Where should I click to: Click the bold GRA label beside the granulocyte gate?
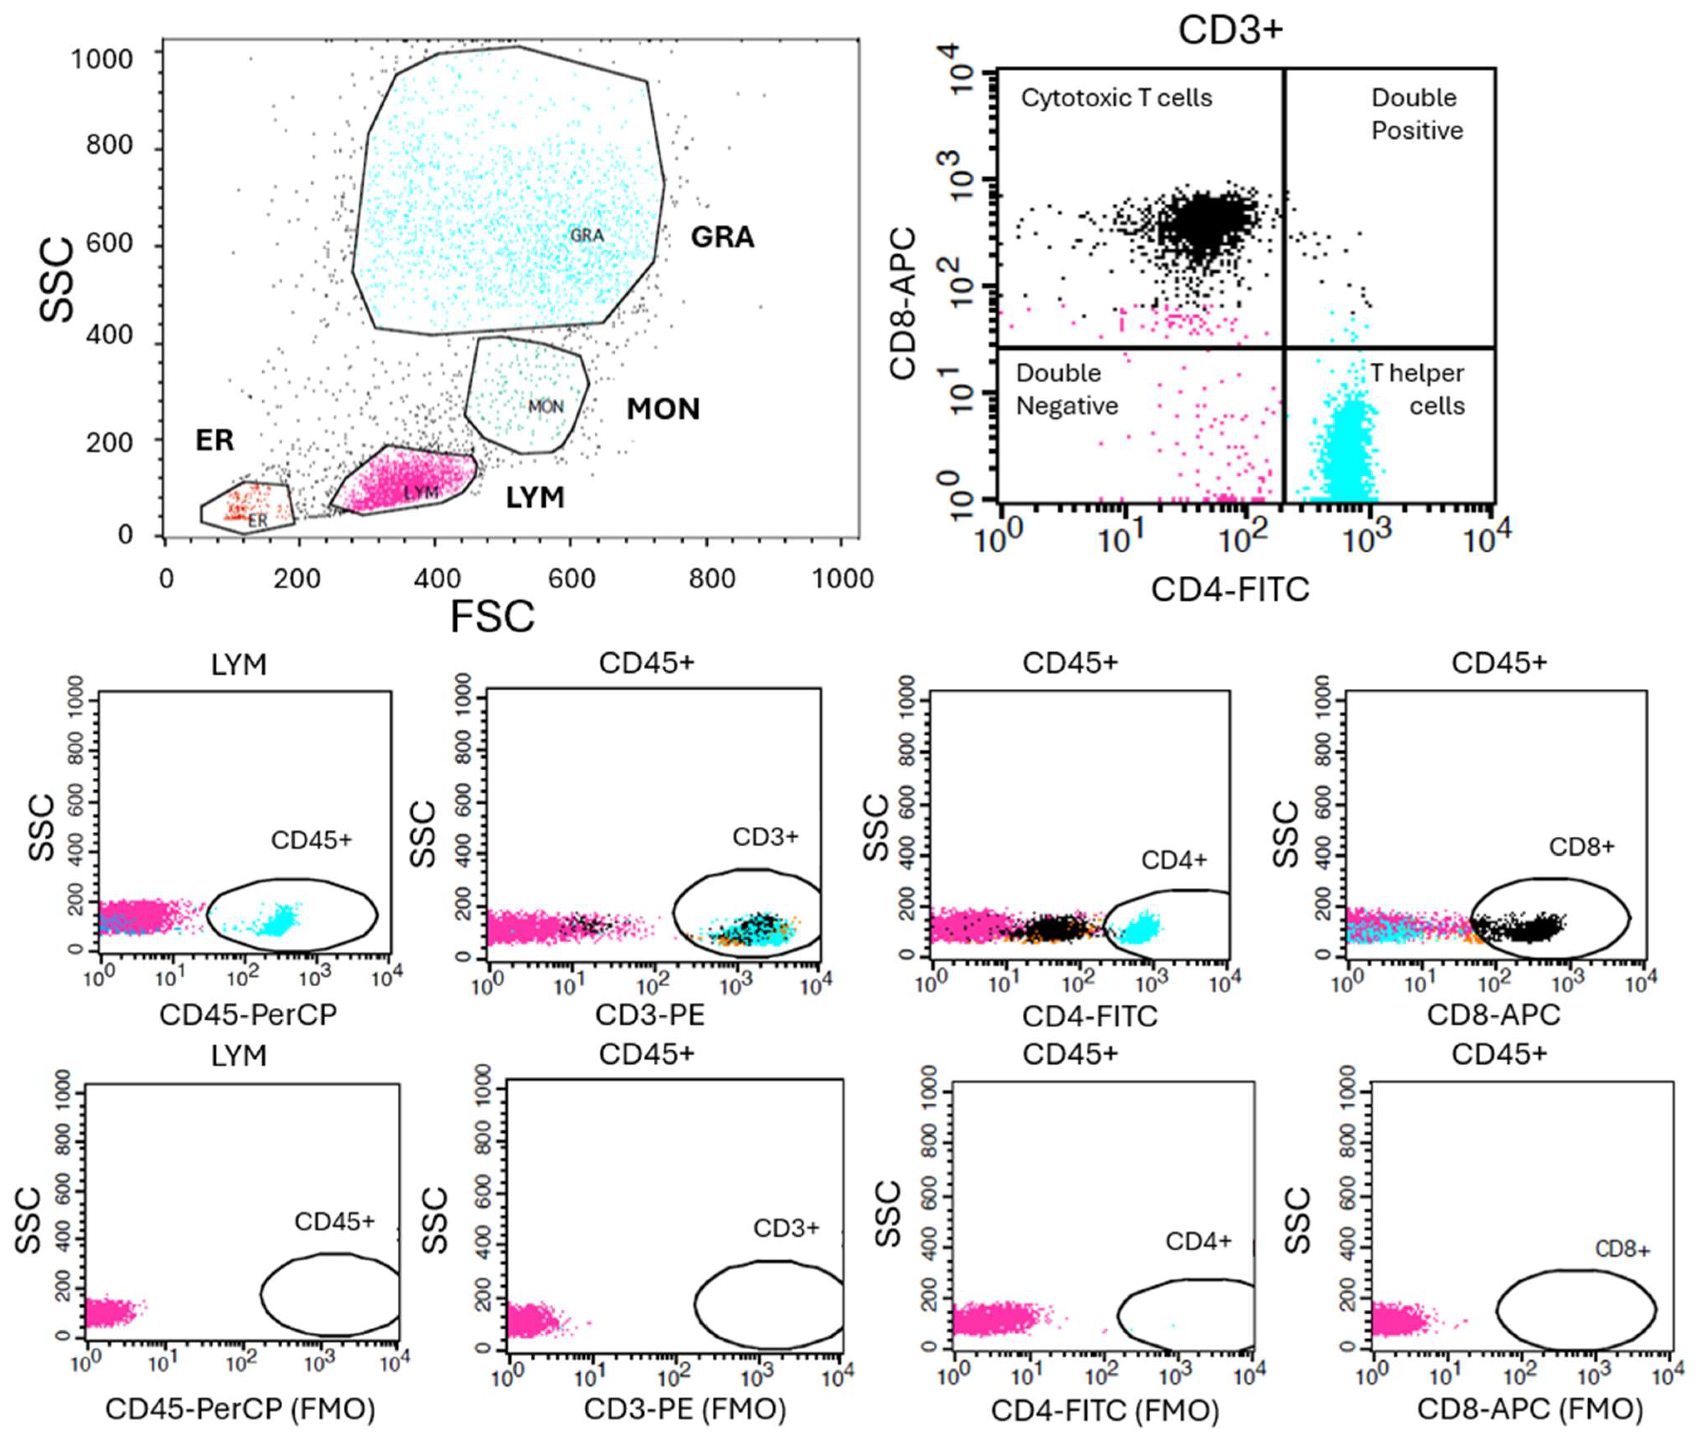tap(722, 237)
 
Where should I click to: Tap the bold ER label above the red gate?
tap(214, 441)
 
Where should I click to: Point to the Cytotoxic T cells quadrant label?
tap(1117, 98)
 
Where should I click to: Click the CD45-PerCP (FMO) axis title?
tap(240, 1408)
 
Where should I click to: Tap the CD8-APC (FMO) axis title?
tap(1529, 1408)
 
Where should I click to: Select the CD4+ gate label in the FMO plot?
tap(1198, 1242)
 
